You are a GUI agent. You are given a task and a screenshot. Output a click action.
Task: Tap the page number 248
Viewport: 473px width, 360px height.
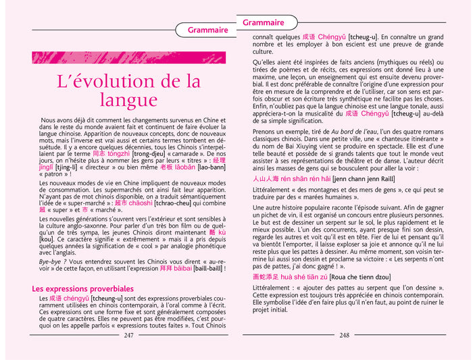tap(345, 335)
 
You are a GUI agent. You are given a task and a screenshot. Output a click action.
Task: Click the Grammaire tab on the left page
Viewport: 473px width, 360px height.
tap(207, 30)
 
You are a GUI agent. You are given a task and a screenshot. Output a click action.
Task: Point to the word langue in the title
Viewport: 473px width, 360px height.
tap(128, 101)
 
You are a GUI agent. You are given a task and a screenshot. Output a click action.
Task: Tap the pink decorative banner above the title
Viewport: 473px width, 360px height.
tap(128, 57)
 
